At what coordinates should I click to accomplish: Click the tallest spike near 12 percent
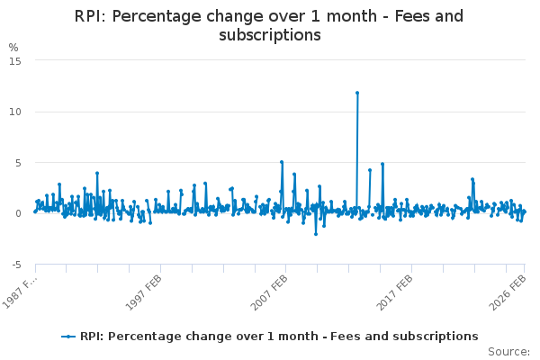pyautogui.click(x=357, y=93)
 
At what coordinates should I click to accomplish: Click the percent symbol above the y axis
pyautogui.click(x=13, y=47)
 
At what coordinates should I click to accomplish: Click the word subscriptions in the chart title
pyautogui.click(x=270, y=35)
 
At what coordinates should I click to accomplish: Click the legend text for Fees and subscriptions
pyautogui.click(x=279, y=336)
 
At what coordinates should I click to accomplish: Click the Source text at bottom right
pyautogui.click(x=508, y=351)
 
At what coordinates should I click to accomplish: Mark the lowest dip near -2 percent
pyautogui.click(x=316, y=234)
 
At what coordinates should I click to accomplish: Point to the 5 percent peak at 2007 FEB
pyautogui.click(x=282, y=162)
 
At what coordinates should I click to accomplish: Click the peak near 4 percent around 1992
pyautogui.click(x=96, y=173)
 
